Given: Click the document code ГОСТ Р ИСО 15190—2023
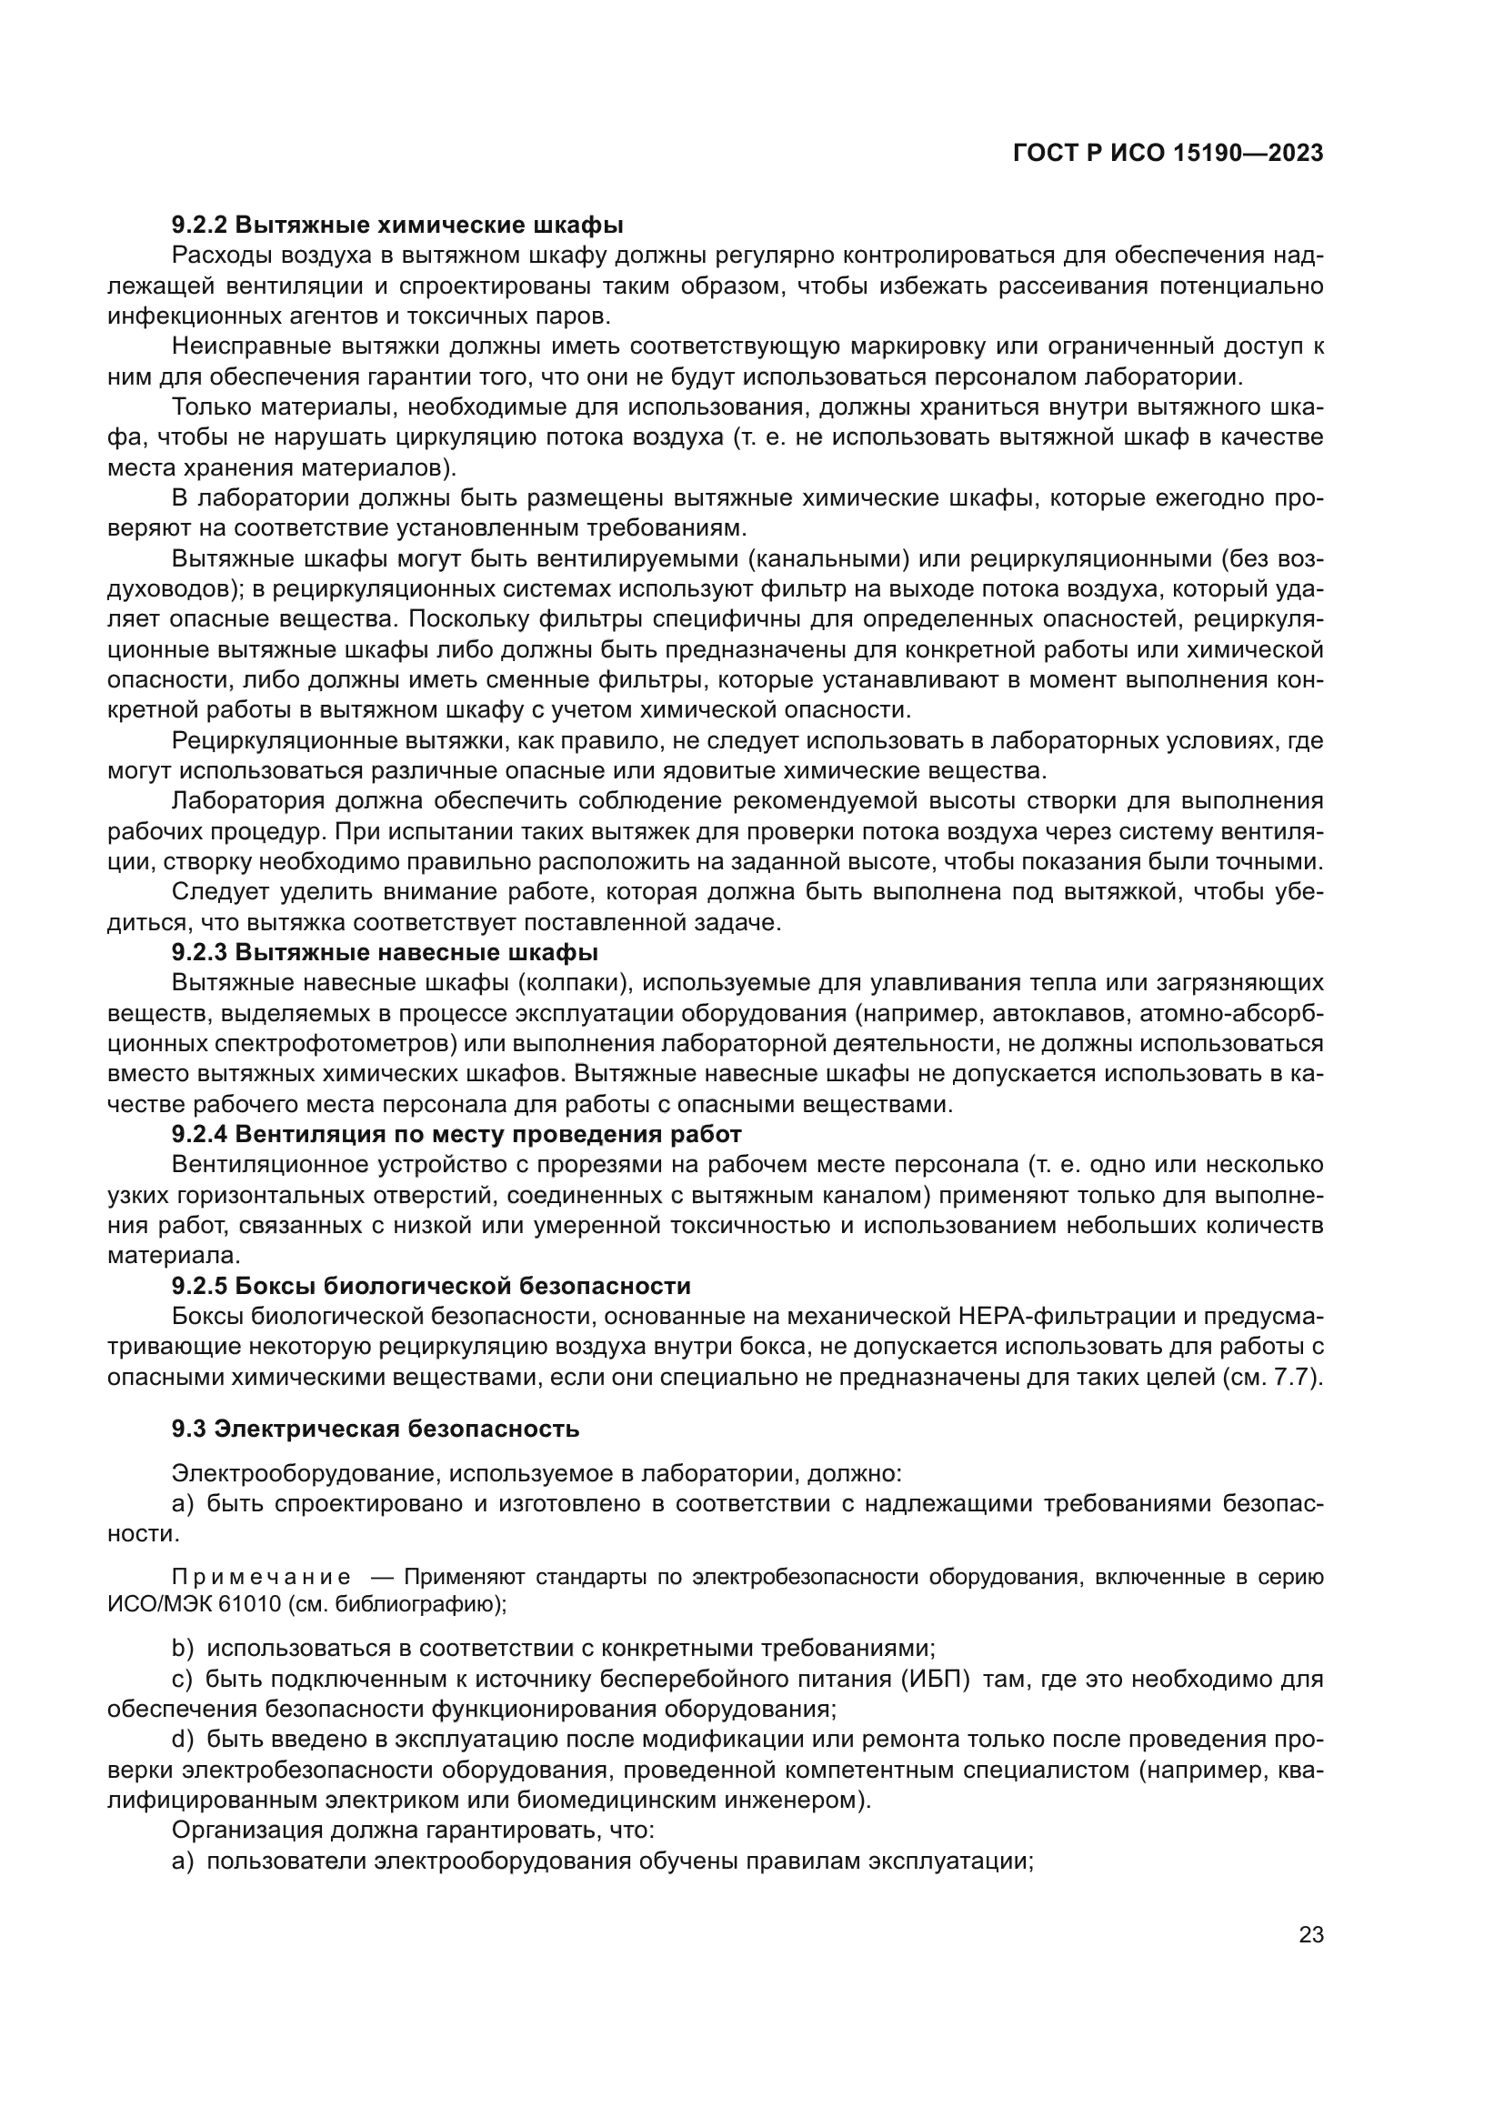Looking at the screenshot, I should (1168, 154).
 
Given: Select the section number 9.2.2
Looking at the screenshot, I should (198, 226).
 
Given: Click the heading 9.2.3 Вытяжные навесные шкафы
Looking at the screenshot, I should (385, 952).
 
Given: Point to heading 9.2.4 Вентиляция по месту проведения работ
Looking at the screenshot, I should (456, 1134).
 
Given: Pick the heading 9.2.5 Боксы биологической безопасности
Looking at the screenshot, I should (431, 1286).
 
